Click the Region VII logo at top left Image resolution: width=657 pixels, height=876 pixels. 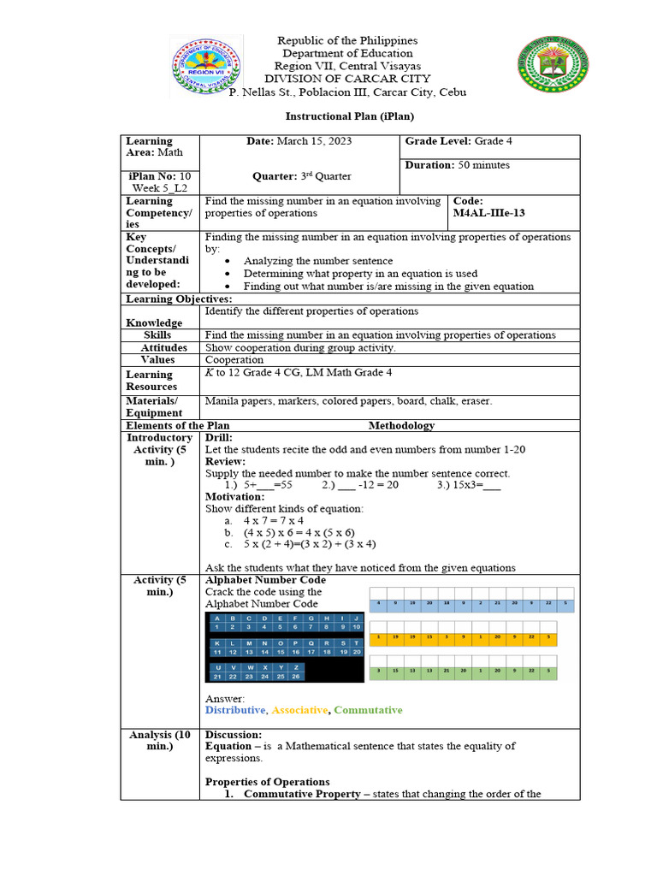point(206,66)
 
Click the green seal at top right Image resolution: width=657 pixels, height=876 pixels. point(553,66)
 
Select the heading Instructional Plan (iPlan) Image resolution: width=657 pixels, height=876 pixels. point(349,116)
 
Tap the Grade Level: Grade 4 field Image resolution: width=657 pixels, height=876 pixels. point(465,141)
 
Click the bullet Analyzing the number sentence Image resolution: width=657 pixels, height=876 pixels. point(318,261)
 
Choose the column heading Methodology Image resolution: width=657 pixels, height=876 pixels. point(401,425)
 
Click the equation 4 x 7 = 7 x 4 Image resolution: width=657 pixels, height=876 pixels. point(273,520)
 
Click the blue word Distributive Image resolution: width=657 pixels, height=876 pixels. point(235,710)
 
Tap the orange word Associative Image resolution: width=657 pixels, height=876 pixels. point(300,710)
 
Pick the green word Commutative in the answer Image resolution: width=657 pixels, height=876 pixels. point(368,710)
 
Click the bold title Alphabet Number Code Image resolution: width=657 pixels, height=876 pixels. point(265,580)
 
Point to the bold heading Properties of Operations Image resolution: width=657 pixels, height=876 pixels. point(267,782)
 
